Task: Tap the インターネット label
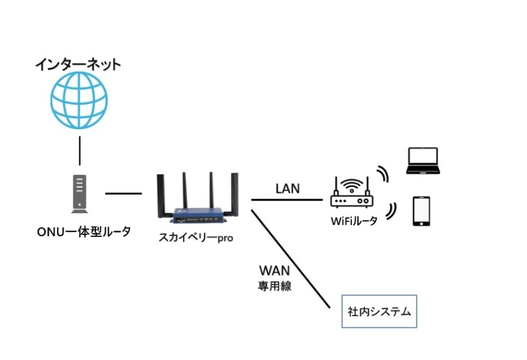tap(77, 64)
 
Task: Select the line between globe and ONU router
tap(80, 147)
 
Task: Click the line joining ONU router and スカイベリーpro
tap(123, 194)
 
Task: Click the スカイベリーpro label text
tap(196, 238)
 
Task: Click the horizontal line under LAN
tap(287, 200)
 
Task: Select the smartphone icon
tap(421, 211)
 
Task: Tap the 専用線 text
tap(275, 286)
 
